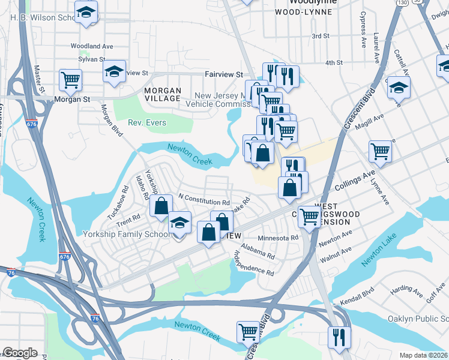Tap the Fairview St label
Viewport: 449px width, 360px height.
pos(223,74)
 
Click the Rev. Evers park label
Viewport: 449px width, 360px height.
pos(146,123)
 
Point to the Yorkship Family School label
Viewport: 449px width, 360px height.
pos(126,234)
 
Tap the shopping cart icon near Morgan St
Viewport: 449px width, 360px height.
pos(71,79)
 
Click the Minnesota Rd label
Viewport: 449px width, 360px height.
pos(278,238)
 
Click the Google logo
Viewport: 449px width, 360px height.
pos(20,353)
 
